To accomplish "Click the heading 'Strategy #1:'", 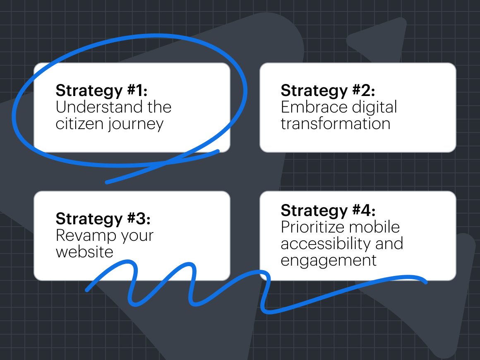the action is [x=102, y=91].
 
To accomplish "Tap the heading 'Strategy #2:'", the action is [x=328, y=91].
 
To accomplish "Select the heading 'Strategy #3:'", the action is [x=103, y=219].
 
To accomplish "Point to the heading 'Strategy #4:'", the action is [x=328, y=211].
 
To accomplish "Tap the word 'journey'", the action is [x=136, y=125].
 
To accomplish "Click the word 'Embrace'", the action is [x=314, y=107].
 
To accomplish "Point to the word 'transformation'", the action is [x=336, y=124].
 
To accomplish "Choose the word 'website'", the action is [x=84, y=252].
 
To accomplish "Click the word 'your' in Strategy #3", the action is [x=137, y=237].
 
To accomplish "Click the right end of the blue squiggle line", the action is [x=425, y=282].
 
